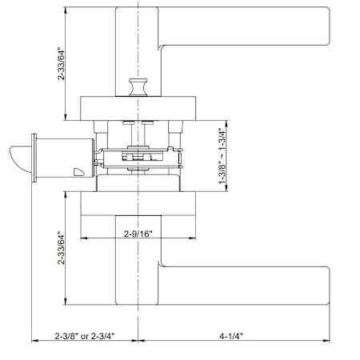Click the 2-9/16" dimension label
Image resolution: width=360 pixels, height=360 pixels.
coord(138,234)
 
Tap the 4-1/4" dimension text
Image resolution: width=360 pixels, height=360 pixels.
coord(231,336)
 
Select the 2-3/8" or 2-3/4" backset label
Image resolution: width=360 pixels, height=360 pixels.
coord(85,336)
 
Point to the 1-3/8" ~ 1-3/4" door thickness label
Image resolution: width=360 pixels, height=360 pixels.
coord(222,156)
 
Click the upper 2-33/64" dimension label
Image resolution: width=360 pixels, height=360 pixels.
coord(61,64)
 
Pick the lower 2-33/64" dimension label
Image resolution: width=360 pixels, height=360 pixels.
coord(61,248)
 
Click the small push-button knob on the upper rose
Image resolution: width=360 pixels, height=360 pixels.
coord(138,87)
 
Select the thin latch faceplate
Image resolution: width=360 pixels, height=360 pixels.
coord(34,158)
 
